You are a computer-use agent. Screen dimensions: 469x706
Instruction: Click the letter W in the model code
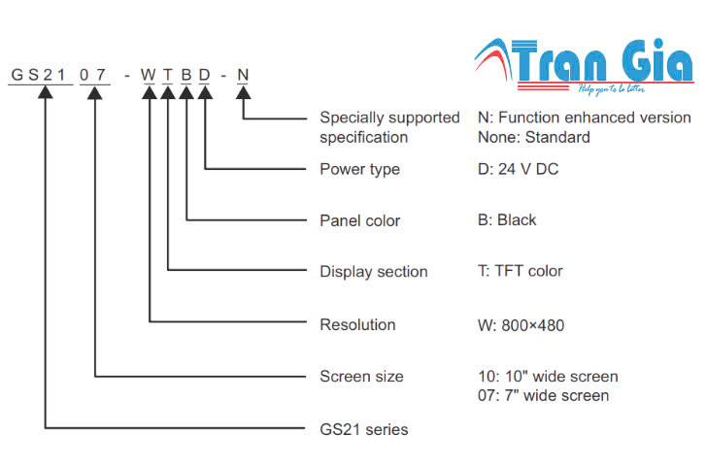click(x=150, y=75)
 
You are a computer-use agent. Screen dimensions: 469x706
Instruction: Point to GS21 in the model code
click(x=40, y=75)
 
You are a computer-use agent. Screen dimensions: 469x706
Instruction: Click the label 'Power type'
click(x=359, y=169)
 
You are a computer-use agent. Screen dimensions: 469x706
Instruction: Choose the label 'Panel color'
click(x=360, y=220)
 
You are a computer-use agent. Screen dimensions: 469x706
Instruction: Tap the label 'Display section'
click(x=373, y=272)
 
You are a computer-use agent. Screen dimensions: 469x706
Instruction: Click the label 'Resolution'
click(x=357, y=324)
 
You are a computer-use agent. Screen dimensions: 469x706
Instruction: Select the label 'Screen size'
click(x=361, y=376)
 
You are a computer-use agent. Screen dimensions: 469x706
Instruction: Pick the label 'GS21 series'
click(x=364, y=428)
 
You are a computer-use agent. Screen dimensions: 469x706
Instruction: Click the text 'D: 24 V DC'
click(x=518, y=169)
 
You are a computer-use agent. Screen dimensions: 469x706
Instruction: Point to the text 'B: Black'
click(x=507, y=220)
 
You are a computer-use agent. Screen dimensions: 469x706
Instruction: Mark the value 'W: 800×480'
click(x=521, y=325)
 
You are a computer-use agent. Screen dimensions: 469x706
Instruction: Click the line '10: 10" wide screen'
click(x=548, y=377)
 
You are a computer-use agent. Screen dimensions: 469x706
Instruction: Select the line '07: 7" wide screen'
click(x=543, y=395)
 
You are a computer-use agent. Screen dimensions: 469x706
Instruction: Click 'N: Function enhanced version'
click(x=584, y=117)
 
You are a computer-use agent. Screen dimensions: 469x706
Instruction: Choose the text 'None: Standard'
click(x=533, y=137)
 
